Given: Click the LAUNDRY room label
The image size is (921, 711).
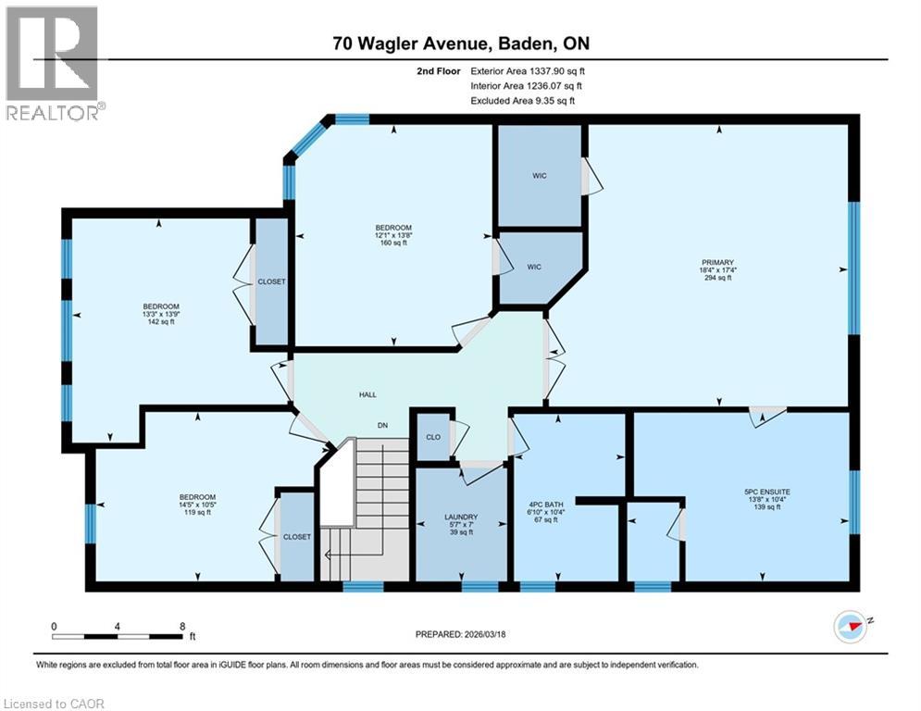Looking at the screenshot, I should click(460, 524).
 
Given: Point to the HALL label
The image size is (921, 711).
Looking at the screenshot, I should click(367, 395).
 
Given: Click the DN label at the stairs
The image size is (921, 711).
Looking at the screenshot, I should click(381, 426).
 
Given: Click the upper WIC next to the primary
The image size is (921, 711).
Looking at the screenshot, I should click(540, 175).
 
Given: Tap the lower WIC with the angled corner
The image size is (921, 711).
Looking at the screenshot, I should click(534, 267).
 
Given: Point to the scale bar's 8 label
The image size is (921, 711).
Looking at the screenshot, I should click(181, 626).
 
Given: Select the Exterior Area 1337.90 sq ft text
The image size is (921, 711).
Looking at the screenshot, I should click(528, 70).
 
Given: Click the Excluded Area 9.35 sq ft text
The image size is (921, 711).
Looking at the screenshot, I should click(523, 100).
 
